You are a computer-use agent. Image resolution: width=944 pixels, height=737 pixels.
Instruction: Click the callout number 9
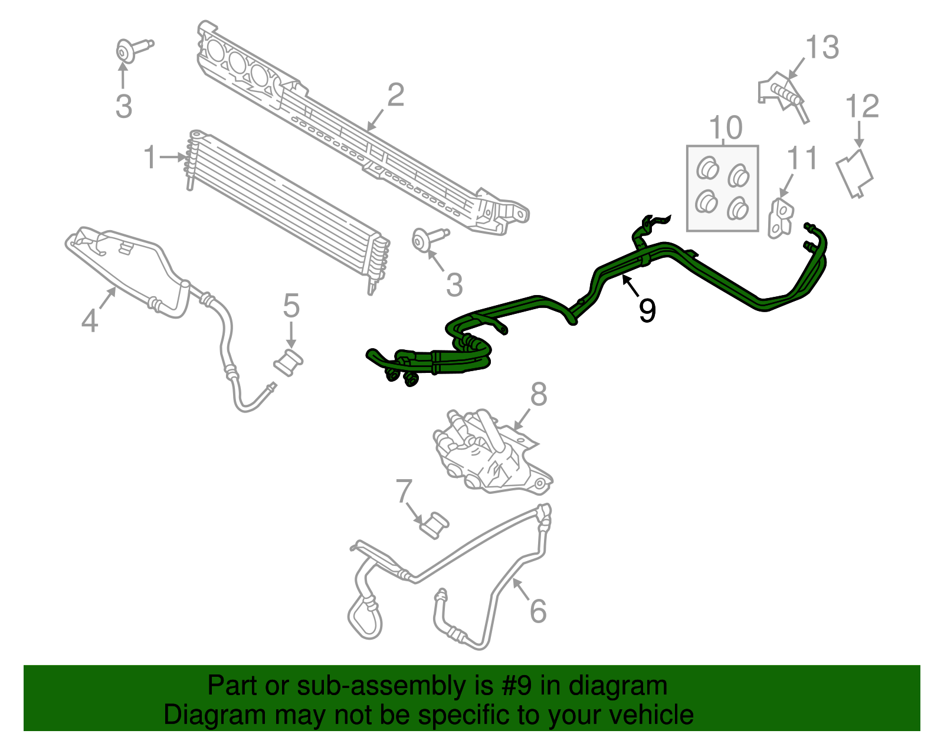[x=647, y=310]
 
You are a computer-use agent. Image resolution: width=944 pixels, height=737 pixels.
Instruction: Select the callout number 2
[x=395, y=95]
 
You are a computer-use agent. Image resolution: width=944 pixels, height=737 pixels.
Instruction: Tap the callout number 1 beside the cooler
[x=151, y=158]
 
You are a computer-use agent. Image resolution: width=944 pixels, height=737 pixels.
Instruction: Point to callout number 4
[x=89, y=320]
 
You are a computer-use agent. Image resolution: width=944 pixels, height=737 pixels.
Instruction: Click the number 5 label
[x=291, y=306]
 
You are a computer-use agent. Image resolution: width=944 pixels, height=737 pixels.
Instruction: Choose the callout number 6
[x=537, y=611]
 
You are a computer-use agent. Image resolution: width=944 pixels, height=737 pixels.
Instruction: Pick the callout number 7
[x=404, y=491]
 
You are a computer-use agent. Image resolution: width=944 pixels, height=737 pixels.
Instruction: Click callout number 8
[x=538, y=394]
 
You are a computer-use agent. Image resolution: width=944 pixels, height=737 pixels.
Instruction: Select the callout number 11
[x=802, y=158]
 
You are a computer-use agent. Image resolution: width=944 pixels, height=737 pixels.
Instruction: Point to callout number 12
[x=862, y=106]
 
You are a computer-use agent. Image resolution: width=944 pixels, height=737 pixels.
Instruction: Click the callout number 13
[x=822, y=47]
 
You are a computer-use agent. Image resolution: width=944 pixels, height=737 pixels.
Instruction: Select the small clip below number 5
[x=289, y=361]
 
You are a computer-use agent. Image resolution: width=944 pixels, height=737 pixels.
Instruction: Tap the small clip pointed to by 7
[x=434, y=525]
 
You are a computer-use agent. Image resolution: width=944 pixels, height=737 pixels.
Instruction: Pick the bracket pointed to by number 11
[x=780, y=218]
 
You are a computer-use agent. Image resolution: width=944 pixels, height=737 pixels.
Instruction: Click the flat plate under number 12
[x=854, y=172]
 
